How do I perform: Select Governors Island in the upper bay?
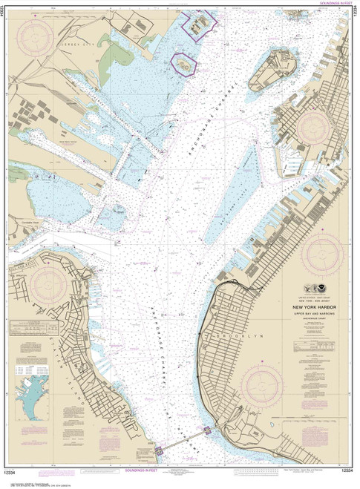(271, 70)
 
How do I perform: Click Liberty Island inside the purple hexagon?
(184, 65)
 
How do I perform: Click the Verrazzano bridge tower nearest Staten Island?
(158, 450)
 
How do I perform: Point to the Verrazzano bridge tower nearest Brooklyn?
(207, 430)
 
